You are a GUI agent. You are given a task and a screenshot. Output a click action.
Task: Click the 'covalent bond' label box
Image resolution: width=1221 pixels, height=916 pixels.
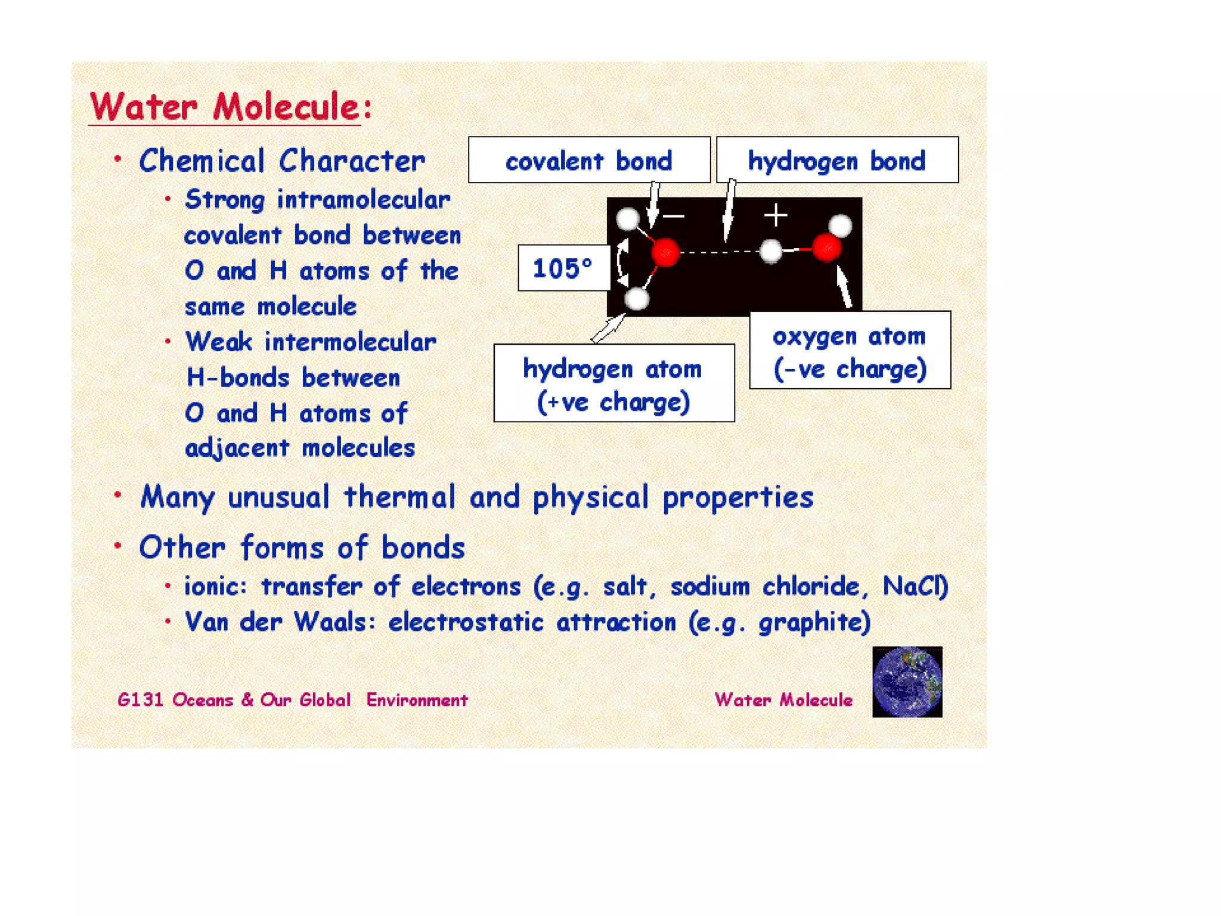click(589, 160)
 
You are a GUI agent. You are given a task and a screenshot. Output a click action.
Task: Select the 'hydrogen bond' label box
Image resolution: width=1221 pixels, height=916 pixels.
click(837, 160)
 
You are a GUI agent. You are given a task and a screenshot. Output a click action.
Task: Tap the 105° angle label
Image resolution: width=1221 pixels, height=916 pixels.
click(563, 268)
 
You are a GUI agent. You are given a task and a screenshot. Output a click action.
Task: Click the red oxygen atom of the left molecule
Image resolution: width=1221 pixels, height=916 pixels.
click(665, 252)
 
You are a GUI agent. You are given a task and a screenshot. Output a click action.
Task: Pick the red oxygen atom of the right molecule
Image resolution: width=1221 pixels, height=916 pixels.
click(826, 247)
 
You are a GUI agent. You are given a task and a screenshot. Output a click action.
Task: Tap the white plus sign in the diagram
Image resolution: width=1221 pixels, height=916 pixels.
click(776, 215)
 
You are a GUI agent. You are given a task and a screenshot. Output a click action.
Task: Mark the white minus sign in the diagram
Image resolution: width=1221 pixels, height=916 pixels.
click(674, 216)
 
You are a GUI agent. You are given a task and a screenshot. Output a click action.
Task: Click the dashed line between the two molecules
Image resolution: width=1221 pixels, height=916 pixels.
click(718, 252)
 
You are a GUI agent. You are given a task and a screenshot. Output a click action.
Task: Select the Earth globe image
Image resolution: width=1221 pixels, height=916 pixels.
click(907, 682)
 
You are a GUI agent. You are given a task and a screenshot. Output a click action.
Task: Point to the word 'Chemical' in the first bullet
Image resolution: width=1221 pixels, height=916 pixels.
click(202, 161)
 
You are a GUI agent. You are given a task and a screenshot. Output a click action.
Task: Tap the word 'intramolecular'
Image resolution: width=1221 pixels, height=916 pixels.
click(364, 200)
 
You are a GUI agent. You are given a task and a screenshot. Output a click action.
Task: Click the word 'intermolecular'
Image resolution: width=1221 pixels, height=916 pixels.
click(351, 342)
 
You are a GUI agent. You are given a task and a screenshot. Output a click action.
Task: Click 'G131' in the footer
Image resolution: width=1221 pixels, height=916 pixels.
click(140, 700)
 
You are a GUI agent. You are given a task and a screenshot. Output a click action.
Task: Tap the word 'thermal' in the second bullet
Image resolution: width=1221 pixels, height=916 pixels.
click(399, 497)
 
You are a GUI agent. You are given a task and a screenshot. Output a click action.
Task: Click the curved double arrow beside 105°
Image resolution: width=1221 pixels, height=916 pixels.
click(622, 262)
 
